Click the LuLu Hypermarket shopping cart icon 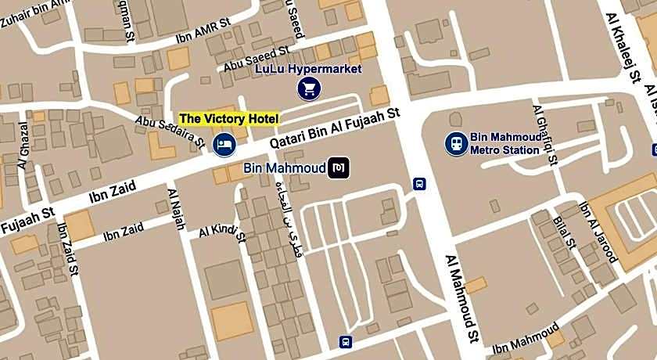click(309, 88)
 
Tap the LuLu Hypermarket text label click(309, 69)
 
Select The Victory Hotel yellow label click(228, 118)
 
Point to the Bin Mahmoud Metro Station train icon click(456, 143)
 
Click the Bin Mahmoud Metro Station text click(504, 143)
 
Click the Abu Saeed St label click(257, 59)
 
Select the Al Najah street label click(176, 208)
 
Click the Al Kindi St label click(223, 230)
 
